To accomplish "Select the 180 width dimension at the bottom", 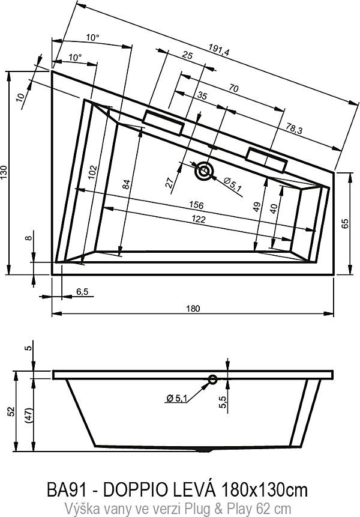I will point(192,308).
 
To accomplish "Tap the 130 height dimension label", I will point(5,172).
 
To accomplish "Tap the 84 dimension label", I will point(127,185).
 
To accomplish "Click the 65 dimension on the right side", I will point(345,223).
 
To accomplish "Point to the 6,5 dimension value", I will point(82,292).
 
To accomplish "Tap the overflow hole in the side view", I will point(212,379).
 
